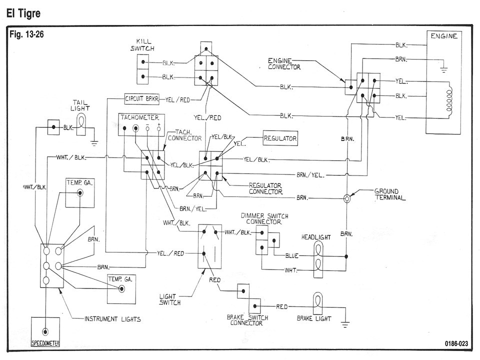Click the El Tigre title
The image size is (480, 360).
coord(22,13)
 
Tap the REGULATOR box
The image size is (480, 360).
coord(280,138)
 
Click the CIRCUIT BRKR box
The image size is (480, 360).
coord(142,99)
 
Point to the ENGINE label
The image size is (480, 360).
coord(443,36)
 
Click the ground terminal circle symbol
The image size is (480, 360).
coord(346,198)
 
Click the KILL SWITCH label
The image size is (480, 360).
coord(145,46)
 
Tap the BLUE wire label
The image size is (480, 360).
coord(292,255)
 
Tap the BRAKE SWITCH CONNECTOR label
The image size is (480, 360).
coord(246,320)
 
